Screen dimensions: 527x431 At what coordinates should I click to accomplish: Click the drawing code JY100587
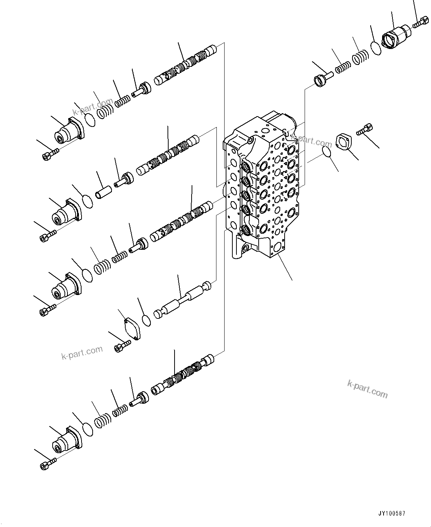click(392, 514)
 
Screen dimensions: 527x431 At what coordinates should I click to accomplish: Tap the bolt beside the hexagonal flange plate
click(365, 130)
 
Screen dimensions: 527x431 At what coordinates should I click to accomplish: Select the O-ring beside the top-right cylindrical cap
click(376, 48)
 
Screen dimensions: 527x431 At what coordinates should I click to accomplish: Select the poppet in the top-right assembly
click(323, 78)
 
